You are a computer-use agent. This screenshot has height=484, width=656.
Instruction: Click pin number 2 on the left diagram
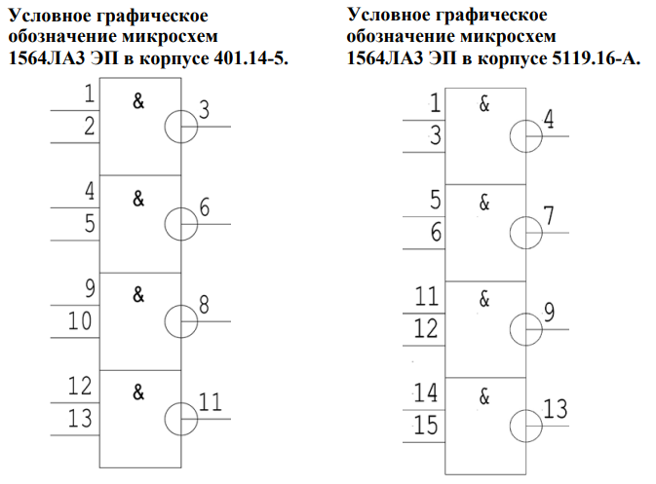click(90, 127)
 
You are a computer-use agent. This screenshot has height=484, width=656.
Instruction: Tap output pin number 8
click(204, 303)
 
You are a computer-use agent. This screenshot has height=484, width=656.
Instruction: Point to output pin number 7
click(550, 215)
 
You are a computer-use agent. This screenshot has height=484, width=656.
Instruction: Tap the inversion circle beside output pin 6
click(180, 223)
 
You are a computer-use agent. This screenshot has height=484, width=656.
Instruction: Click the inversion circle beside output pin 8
click(180, 320)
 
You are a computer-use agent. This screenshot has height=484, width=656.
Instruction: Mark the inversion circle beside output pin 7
click(525, 233)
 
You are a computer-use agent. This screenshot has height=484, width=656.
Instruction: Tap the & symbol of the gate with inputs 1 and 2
click(138, 101)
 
